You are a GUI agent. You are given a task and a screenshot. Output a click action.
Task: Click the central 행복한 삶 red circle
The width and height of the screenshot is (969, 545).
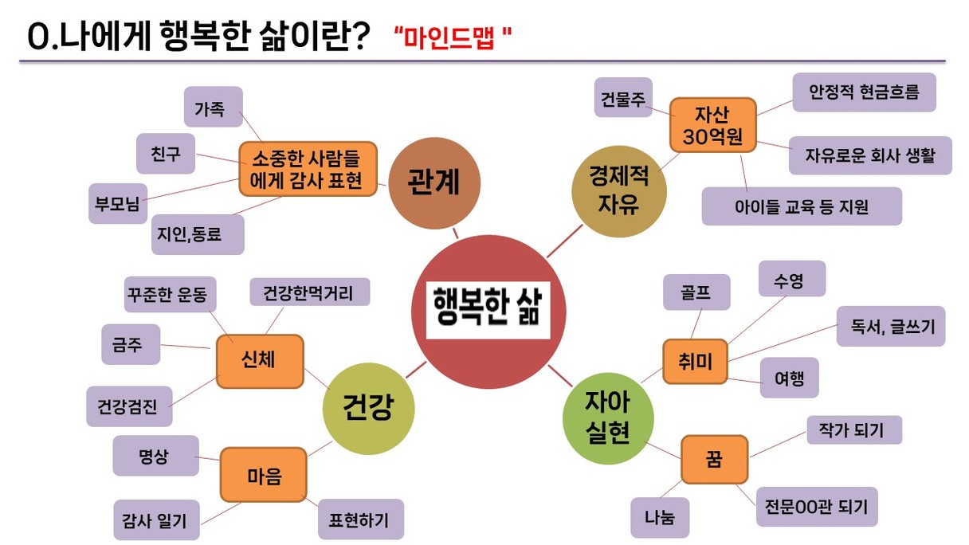pos(488,312)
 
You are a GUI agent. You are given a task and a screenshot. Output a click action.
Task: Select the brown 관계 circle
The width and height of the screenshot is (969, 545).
pos(434,183)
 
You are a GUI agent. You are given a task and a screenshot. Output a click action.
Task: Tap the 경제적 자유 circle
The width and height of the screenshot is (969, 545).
pos(619,191)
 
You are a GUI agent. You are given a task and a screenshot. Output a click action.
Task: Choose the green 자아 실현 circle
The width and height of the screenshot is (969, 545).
pos(608,418)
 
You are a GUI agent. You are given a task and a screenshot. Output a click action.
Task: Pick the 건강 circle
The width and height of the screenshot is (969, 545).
pos(369,408)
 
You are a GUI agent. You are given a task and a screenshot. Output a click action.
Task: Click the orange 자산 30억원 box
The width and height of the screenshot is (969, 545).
pos(713,125)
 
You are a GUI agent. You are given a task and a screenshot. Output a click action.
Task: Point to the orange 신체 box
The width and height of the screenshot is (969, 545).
pos(260,361)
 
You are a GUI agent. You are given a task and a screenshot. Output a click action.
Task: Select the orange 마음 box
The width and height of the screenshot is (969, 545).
pos(264,475)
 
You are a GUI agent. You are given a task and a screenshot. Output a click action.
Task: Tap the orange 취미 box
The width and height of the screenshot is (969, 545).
pos(695,362)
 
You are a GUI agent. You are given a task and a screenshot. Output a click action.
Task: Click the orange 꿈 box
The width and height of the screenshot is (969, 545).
pos(715,460)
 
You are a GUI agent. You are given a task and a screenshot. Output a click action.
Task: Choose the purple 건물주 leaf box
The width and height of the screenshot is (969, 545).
pos(623,97)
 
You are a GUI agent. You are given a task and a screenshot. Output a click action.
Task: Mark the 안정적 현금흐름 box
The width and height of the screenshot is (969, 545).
pos(865,92)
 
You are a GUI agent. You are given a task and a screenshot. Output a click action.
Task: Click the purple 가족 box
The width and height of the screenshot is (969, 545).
pos(214,107)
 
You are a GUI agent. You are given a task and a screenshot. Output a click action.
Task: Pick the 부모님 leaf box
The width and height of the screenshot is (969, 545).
pos(118,203)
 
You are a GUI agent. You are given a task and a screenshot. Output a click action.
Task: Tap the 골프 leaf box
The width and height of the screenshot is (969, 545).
pos(696,292)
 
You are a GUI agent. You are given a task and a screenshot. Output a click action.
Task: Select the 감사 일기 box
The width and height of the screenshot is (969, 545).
pos(157,520)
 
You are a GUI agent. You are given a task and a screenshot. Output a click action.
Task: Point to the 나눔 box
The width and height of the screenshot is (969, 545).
pos(660,517)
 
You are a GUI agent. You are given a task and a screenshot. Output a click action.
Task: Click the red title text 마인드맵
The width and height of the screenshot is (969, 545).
pos(449,37)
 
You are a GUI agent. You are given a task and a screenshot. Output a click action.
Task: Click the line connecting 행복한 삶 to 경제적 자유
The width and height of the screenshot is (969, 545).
pos(565,241)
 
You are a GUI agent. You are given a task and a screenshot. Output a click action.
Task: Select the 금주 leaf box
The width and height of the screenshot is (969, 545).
pos(131,344)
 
